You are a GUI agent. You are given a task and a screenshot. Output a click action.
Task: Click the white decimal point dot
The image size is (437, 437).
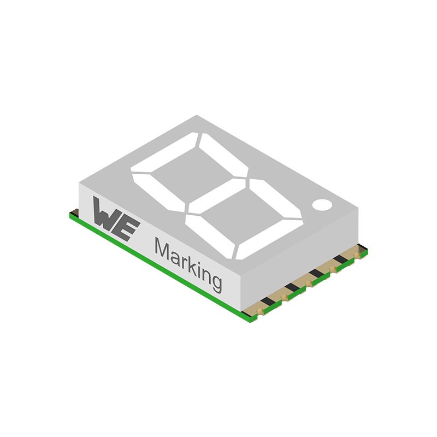(322, 205)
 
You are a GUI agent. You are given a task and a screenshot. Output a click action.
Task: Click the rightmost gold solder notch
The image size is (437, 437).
(358, 255)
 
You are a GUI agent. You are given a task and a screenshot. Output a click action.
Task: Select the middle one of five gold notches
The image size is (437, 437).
(310, 282)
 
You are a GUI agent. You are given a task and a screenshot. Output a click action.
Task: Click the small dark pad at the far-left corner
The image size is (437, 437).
(75, 211)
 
